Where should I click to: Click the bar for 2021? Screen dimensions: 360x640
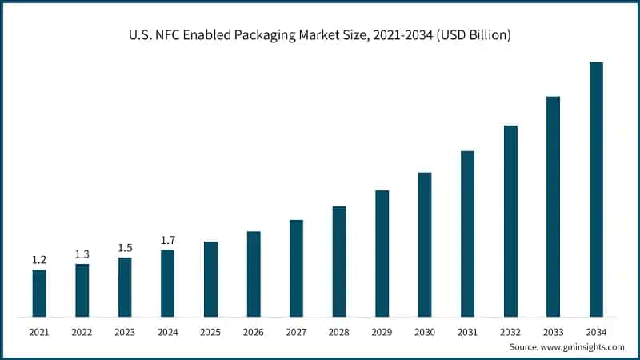[39, 293]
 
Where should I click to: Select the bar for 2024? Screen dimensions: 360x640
[167, 283]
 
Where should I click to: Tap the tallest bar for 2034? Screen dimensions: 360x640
[596, 189]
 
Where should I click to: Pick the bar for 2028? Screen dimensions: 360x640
[339, 261]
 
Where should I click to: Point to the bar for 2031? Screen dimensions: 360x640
[467, 233]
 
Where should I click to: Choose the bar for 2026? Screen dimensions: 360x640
[254, 274]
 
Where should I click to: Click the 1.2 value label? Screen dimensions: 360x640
[38, 261]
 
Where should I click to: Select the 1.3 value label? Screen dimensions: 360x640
[82, 254]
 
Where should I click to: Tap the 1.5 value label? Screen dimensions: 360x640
[124, 248]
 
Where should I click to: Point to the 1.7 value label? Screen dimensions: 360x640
[167, 241]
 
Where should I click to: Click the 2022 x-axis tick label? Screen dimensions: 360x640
[82, 331]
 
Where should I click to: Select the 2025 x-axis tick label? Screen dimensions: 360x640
[210, 331]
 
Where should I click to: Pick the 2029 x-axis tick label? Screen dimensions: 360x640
[382, 331]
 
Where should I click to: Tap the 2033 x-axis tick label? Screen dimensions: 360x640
[553, 331]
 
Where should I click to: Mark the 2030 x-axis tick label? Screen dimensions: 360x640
[425, 331]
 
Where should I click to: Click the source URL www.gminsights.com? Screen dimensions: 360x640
[583, 347]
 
